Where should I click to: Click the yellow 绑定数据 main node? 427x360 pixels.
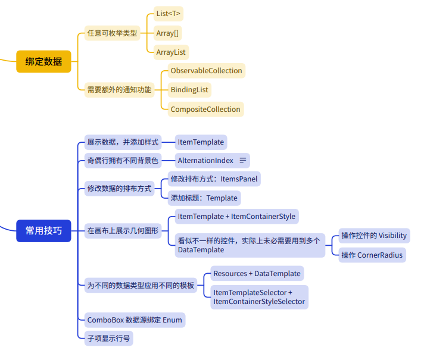tap(43, 61)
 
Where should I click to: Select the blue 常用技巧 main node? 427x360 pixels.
tap(43, 230)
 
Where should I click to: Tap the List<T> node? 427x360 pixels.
tap(169, 13)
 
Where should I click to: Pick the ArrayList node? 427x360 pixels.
tap(171, 52)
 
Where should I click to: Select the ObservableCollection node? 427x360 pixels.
tap(206, 71)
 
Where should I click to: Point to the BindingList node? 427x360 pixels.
tap(189, 90)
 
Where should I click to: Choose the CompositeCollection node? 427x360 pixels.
tap(205, 109)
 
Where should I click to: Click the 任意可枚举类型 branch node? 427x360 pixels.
tap(112, 33)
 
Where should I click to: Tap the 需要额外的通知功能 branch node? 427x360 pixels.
tap(119, 90)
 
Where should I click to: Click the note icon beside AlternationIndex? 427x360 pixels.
tap(242, 160)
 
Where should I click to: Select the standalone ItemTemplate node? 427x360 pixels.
tap(201, 142)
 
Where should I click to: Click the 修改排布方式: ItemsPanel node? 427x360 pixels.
tap(214, 179)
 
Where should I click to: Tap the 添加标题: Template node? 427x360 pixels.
tap(204, 198)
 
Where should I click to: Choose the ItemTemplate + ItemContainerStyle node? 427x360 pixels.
tap(236, 216)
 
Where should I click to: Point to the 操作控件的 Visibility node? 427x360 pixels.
tap(374, 235)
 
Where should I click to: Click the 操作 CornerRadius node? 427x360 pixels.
tap(372, 255)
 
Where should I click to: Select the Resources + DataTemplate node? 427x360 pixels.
tap(256, 273)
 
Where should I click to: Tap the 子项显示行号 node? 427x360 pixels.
tap(107, 338)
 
